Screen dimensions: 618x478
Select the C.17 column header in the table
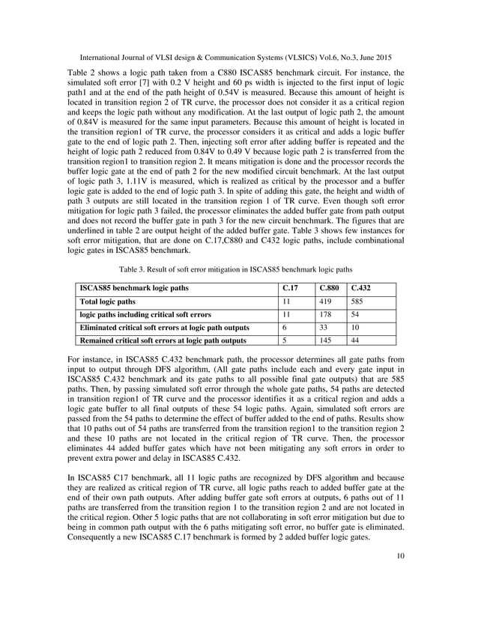coord(291,287)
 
